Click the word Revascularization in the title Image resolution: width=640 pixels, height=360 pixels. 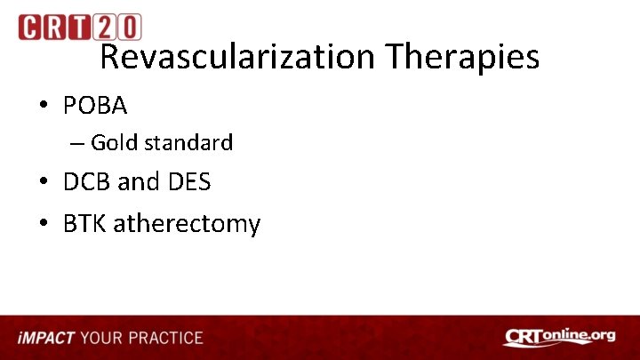click(x=237, y=57)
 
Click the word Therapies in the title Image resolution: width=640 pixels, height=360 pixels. click(x=462, y=57)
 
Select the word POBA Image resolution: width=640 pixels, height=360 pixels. click(x=95, y=106)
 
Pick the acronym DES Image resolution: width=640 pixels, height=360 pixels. click(x=188, y=182)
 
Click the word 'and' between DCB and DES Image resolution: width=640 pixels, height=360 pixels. click(x=138, y=182)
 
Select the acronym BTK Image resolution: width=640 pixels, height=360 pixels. click(x=83, y=223)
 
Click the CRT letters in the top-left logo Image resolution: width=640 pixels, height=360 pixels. click(x=57, y=28)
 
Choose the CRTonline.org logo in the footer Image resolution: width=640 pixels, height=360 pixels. click(x=559, y=337)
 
